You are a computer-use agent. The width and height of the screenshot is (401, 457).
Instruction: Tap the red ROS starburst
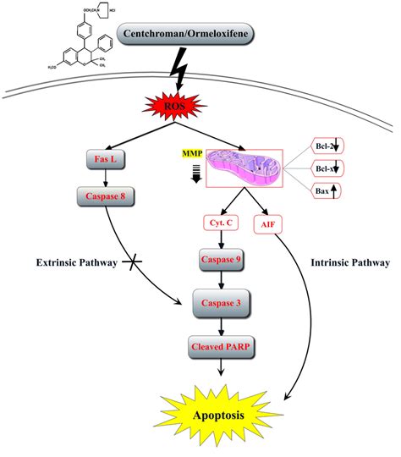tap(201, 107)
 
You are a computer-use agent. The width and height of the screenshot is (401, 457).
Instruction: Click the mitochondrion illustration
tap(238, 166)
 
